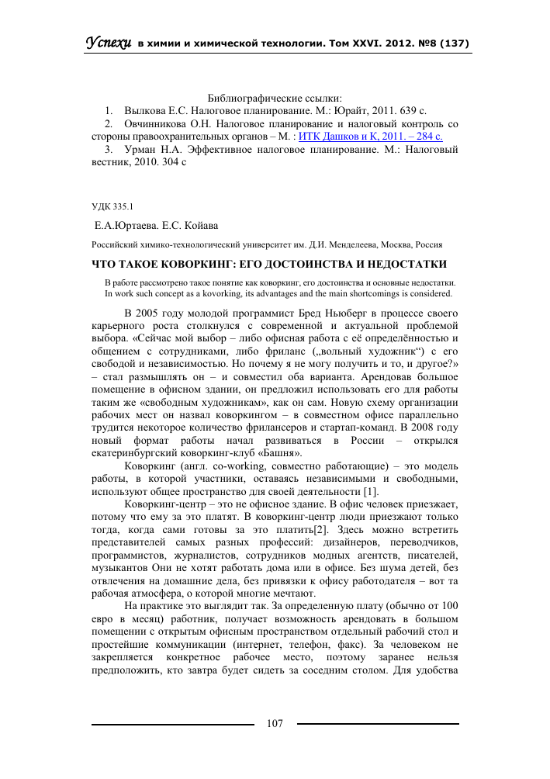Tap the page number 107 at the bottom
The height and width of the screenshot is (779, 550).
click(275, 723)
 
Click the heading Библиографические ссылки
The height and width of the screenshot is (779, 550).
click(275, 98)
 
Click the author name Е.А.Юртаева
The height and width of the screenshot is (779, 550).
click(123, 226)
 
